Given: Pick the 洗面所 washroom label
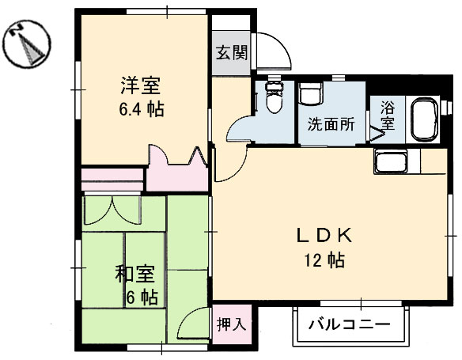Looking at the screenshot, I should [330, 124].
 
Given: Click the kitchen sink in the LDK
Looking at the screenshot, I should [392, 164].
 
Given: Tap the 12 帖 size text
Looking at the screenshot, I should [324, 260].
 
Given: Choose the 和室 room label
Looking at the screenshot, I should [134, 275].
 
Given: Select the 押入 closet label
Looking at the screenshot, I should [232, 324].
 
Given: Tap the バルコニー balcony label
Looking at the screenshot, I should [349, 324].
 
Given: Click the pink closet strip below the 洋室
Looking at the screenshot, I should [112, 175].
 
